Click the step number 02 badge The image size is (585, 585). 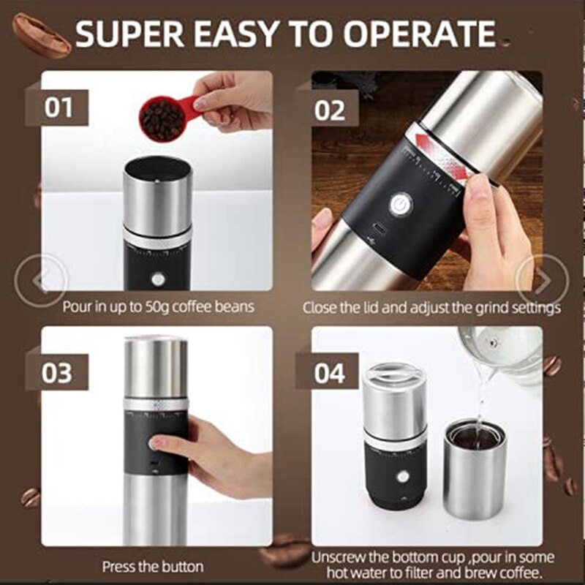point(330,110)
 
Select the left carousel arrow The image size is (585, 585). point(41,279)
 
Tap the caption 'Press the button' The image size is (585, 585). point(153,566)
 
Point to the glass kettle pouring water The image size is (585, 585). point(505,351)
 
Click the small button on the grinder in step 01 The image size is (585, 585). point(158,279)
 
